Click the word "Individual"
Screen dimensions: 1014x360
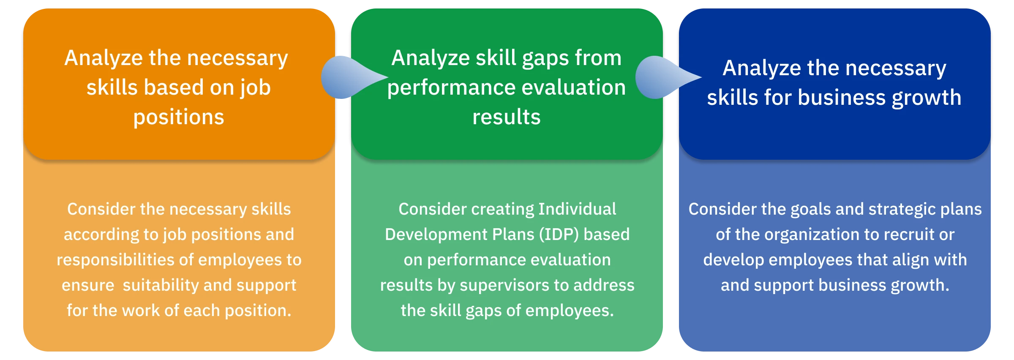(x=577, y=209)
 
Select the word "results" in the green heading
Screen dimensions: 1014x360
(x=507, y=117)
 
